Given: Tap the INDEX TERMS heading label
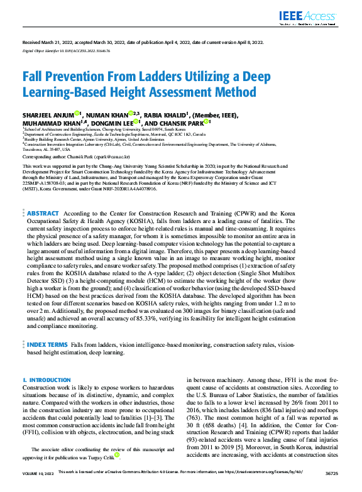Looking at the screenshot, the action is click(47, 345).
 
